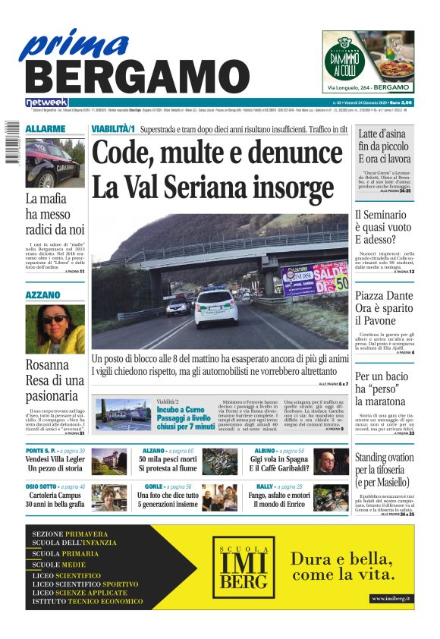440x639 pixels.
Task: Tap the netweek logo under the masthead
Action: (x=46, y=102)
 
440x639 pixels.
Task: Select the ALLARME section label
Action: (x=46, y=129)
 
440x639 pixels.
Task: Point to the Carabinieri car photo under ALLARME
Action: (x=55, y=162)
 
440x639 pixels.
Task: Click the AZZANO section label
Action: (x=43, y=294)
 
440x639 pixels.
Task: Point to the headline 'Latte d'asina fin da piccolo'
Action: (x=385, y=146)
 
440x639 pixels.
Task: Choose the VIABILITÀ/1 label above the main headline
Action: (x=113, y=129)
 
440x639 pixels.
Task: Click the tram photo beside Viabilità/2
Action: (x=123, y=414)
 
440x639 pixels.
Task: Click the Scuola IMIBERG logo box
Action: (x=240, y=566)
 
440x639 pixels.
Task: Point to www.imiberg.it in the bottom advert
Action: (x=391, y=599)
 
